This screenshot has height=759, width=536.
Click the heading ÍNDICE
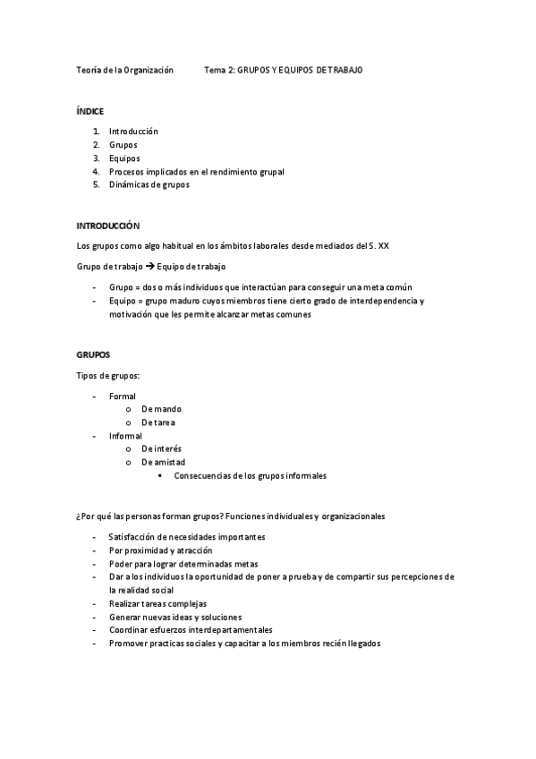tap(90, 111)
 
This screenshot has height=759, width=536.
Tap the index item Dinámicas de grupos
tap(149, 184)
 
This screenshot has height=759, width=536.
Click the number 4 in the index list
tap(95, 171)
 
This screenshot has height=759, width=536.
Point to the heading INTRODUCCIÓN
tap(108, 226)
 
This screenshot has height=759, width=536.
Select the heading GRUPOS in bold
tap(92, 354)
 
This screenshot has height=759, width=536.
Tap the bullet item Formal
tap(123, 395)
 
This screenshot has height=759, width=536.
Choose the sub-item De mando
tap(161, 408)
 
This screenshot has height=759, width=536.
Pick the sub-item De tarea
tap(159, 422)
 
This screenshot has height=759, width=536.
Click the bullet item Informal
tap(125, 435)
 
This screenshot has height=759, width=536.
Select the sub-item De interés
tap(161, 448)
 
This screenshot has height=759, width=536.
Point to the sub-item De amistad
tap(163, 462)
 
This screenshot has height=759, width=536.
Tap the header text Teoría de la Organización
tap(125, 70)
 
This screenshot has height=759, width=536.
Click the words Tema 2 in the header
tap(219, 70)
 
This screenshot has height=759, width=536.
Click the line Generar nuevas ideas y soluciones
tap(175, 618)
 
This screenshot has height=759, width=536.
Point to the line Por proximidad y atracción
tap(161, 550)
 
